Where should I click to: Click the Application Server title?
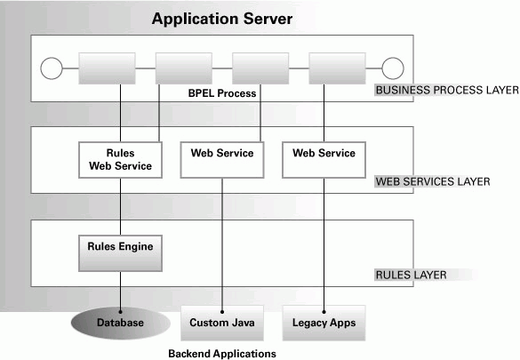[222, 19]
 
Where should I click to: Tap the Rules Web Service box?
[120, 160]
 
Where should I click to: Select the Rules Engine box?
[120, 253]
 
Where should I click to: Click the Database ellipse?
[121, 323]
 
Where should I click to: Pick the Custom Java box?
[222, 323]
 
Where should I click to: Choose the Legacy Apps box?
[324, 323]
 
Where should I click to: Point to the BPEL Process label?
[222, 93]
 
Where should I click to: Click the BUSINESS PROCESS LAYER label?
[447, 90]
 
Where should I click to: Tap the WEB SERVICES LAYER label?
[433, 181]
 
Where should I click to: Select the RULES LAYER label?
[411, 275]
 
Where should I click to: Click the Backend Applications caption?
[222, 354]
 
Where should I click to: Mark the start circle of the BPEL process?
[52, 68]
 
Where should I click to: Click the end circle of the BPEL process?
[393, 68]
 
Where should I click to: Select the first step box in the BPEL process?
[107, 68]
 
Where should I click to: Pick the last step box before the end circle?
[337, 68]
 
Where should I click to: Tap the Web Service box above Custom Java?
[222, 160]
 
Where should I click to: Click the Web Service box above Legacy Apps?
[324, 160]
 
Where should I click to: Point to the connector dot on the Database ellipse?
[120, 312]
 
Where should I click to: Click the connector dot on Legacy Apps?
[324, 312]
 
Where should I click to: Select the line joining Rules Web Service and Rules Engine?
[120, 206]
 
